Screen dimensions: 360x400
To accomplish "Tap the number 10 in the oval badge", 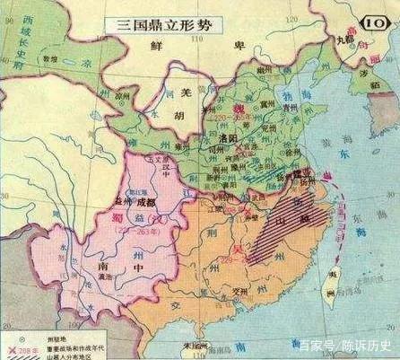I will (374, 15).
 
